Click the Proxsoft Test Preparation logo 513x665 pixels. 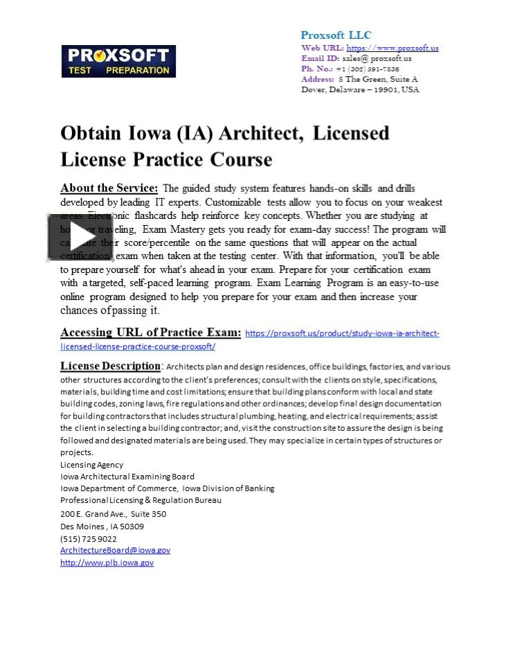coord(118,62)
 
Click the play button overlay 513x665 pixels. coord(80,237)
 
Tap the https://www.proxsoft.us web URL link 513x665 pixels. coord(392,48)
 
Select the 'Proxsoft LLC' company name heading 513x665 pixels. coord(336,35)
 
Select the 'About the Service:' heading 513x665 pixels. coord(109,188)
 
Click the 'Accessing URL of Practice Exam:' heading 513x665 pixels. coord(150,332)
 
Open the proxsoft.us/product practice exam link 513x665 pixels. coord(342,333)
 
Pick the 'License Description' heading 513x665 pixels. coord(110,366)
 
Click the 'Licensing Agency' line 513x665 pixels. coord(91,465)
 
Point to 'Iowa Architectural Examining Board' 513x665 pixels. coord(127,477)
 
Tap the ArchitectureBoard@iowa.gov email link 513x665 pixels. coord(115,550)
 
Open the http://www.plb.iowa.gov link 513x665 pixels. coord(107,562)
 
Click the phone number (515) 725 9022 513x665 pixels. coord(89,538)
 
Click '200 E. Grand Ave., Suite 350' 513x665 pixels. coord(113,514)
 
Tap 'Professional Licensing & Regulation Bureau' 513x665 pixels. coord(141,500)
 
